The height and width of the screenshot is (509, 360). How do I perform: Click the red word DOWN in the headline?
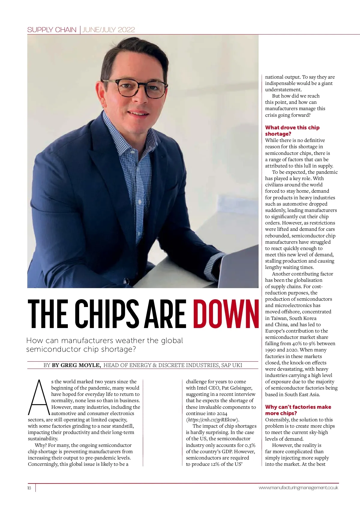point(226,314)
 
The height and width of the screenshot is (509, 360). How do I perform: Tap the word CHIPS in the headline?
point(107,314)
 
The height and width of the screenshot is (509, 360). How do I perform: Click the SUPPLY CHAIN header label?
point(52,30)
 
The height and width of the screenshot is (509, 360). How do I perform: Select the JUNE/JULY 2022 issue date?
point(109,30)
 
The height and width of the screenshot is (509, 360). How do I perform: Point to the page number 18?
point(29,488)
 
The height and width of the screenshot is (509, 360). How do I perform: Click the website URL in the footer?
point(298,488)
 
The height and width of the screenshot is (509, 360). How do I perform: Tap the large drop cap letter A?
point(38,397)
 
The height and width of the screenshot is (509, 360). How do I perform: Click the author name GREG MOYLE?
point(76,365)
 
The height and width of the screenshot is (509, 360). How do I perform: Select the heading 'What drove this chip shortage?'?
point(292,131)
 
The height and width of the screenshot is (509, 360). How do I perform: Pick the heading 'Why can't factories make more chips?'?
point(298,410)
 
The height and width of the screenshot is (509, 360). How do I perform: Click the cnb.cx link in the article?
point(213,420)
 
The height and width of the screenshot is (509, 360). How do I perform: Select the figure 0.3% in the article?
point(250,445)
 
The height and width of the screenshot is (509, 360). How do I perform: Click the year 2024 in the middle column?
point(222,413)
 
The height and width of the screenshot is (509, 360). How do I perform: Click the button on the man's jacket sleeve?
point(126,281)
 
